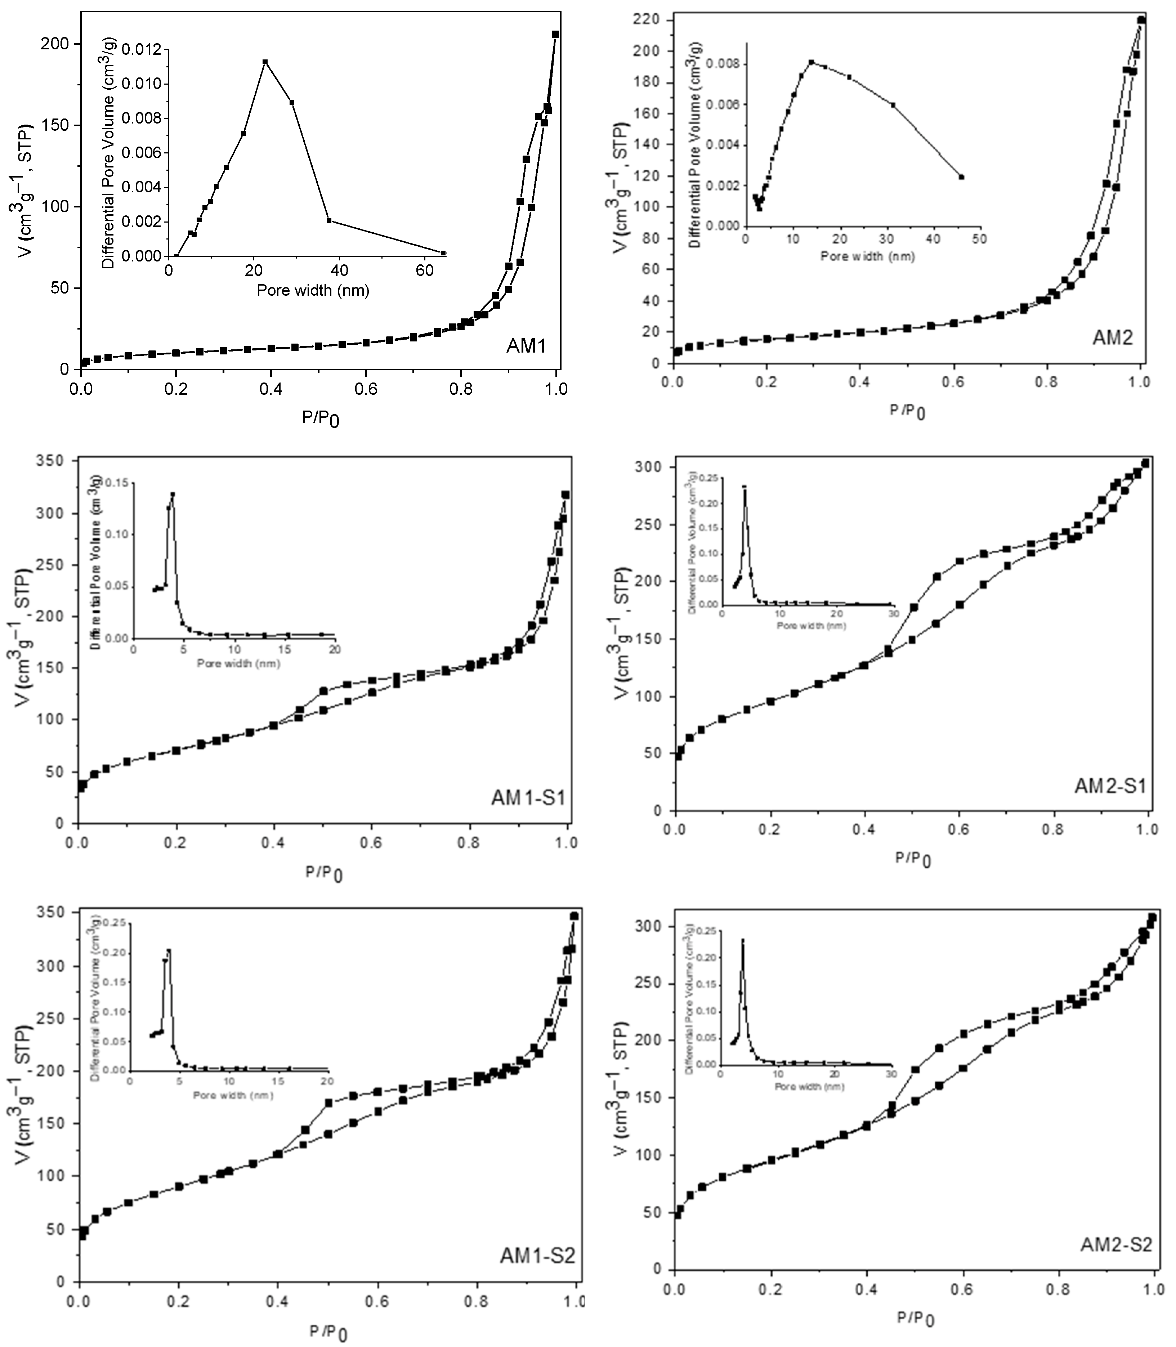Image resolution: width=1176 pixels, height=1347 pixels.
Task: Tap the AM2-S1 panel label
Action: pyautogui.click(x=1110, y=786)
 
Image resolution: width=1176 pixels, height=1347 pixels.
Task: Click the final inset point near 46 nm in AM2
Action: pyautogui.click(x=961, y=176)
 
